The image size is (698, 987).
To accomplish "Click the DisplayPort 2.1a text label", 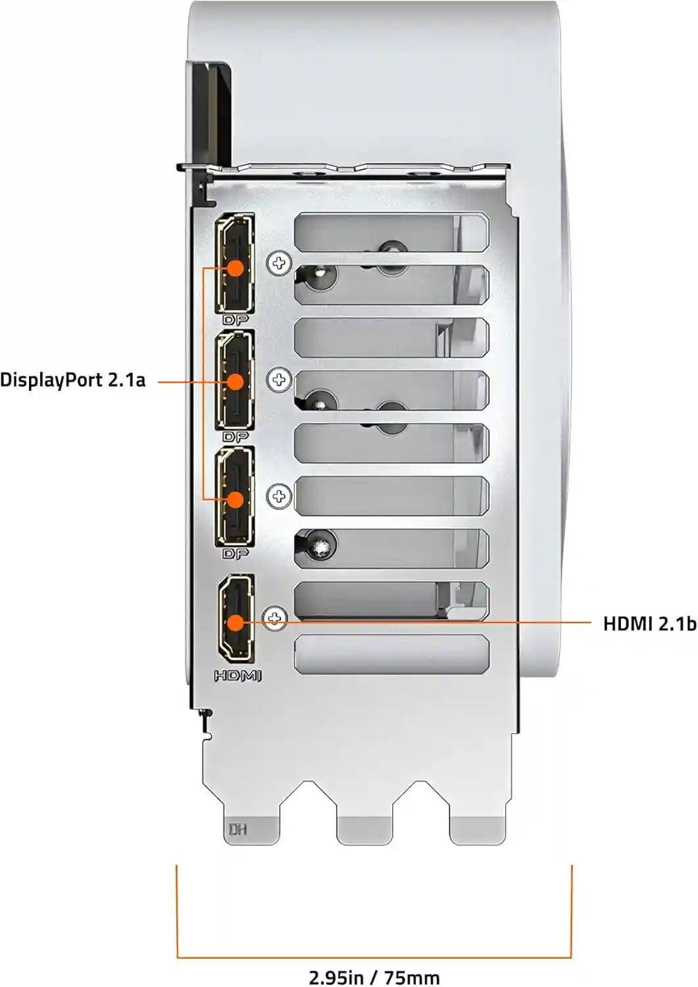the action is tap(73, 380).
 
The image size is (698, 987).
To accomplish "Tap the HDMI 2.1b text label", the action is tap(649, 624).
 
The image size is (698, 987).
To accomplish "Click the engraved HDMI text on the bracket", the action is tap(237, 676).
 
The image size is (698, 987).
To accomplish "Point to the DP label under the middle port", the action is tap(236, 437).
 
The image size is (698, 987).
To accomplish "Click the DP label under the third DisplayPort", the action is tap(236, 554).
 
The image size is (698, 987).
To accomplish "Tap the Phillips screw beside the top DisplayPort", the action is tap(279, 263).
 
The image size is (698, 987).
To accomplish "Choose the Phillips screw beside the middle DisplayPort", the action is tap(279, 380).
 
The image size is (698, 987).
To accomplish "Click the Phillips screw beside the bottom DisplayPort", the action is tap(279, 497).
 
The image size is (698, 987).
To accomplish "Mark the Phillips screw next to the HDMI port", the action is tap(274, 619).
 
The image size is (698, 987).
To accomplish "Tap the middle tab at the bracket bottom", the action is tap(364, 830).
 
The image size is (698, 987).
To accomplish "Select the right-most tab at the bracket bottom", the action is tap(477, 830).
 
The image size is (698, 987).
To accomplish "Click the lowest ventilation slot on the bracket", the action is tap(391, 654).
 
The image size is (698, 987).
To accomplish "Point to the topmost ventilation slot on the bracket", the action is tap(391, 232).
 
